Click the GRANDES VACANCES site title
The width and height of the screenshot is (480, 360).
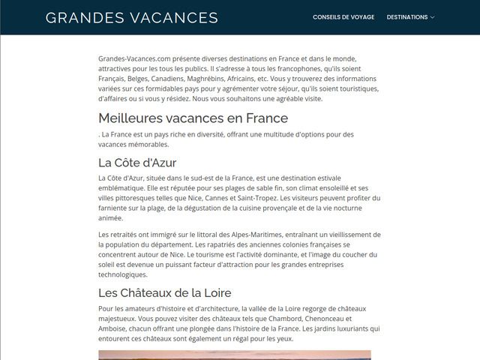[131, 17]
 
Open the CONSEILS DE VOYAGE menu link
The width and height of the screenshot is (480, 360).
[343, 17]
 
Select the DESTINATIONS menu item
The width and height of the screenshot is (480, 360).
[407, 17]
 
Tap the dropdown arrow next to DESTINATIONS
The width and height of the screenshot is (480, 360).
[433, 17]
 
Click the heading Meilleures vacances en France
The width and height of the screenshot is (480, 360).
[193, 118]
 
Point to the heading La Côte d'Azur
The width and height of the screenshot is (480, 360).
[137, 162]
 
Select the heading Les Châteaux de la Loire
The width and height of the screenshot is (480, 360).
[164, 292]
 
